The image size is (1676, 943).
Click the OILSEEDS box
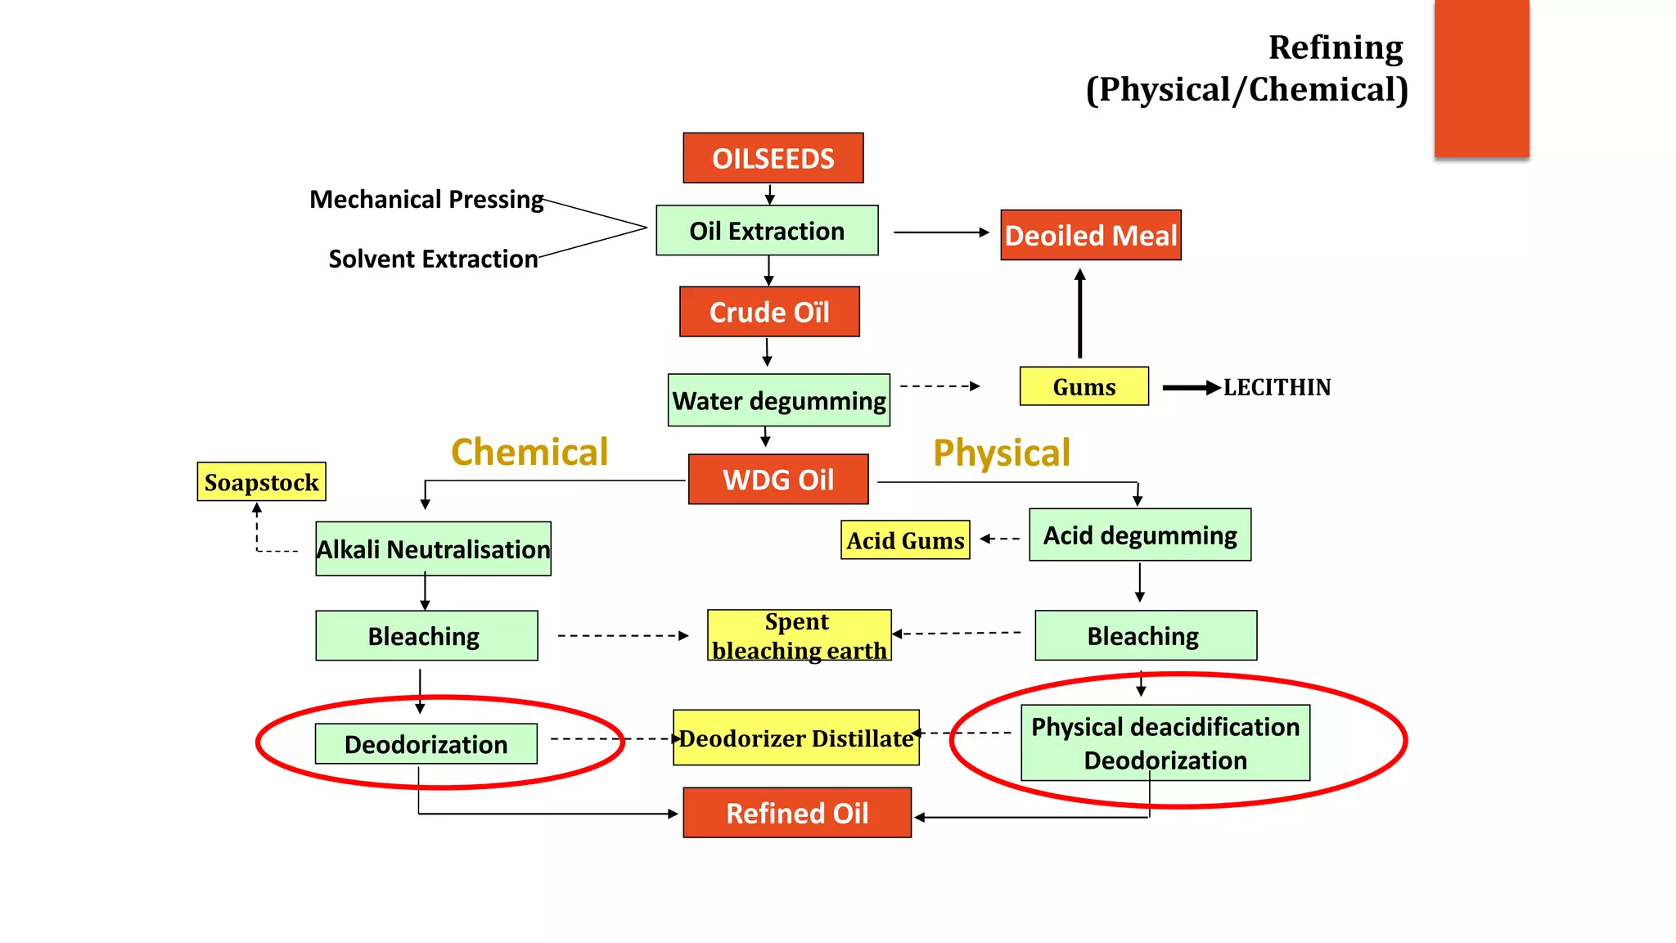click(x=773, y=158)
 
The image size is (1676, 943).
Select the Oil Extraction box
click(x=767, y=231)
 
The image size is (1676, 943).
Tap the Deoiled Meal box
click(x=1090, y=236)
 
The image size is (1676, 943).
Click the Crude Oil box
click(x=769, y=312)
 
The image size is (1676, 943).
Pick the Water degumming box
click(x=778, y=400)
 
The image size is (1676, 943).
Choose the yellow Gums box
click(x=1084, y=386)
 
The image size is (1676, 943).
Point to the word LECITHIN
click(x=1277, y=387)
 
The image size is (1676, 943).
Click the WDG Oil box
click(x=777, y=480)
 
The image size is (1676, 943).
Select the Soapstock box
click(x=261, y=482)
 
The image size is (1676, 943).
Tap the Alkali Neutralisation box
click(x=433, y=549)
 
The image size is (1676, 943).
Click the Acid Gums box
click(x=905, y=540)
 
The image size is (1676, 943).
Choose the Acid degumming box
click(x=1139, y=535)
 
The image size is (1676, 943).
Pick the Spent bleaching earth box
click(x=799, y=635)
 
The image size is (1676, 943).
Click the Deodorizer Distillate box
click(x=795, y=738)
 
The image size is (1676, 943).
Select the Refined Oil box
click(x=797, y=813)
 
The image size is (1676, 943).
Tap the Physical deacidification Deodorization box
click(x=1165, y=743)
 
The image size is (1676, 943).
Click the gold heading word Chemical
click(x=529, y=452)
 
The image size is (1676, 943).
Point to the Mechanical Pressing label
click(x=426, y=199)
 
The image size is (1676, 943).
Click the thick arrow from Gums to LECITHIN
click(x=1191, y=388)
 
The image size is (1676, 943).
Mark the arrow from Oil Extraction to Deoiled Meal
click(x=941, y=232)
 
